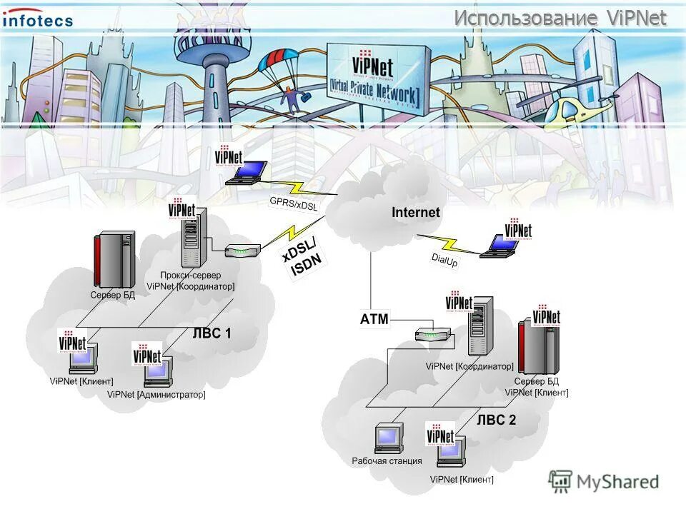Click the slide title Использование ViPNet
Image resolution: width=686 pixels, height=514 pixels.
click(x=560, y=18)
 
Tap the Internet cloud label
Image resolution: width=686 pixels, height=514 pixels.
click(x=416, y=212)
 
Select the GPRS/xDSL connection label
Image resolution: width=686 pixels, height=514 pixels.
click(x=293, y=203)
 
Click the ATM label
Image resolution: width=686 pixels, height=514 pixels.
click(x=374, y=319)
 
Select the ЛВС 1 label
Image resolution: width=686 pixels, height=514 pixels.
click(x=212, y=333)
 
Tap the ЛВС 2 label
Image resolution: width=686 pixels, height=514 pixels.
click(x=496, y=420)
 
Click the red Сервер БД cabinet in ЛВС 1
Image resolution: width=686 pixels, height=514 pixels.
click(x=113, y=259)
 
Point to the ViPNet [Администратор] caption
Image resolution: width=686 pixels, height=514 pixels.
click(x=156, y=394)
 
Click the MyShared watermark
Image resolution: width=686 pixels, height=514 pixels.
click(x=604, y=482)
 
